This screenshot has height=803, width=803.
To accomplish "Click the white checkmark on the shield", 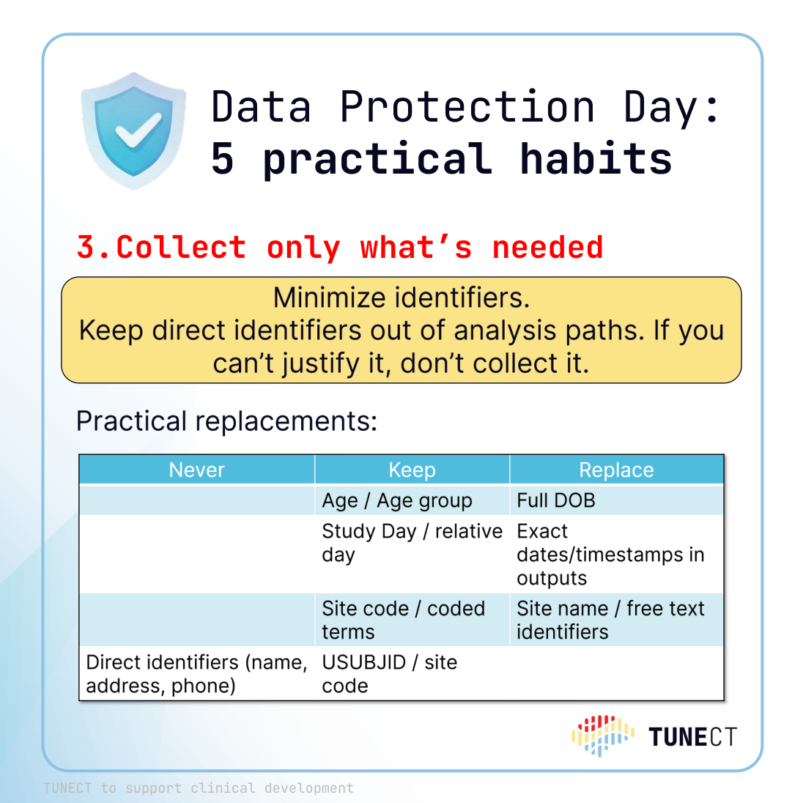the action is click(137, 130).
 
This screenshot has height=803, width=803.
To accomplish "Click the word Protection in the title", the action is click(467, 106).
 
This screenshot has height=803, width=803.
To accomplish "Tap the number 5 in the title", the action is click(223, 159).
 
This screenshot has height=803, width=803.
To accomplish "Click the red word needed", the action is click(547, 248).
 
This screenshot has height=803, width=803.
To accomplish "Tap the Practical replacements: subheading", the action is click(226, 421).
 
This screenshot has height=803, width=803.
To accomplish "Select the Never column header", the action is click(196, 470).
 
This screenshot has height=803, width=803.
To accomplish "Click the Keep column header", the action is click(412, 470).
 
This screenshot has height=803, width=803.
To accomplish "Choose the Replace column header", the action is click(616, 470).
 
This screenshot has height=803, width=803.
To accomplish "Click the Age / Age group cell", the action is click(397, 500).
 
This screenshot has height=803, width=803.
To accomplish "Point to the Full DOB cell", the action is click(555, 500).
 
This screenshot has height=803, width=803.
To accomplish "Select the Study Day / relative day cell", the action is click(412, 543).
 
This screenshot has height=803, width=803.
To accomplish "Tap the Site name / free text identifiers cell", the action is click(610, 620).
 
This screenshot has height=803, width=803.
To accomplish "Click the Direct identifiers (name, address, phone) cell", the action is click(196, 674).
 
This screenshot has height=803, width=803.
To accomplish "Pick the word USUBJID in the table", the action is click(363, 662).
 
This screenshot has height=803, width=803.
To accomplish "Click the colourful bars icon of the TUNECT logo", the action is click(603, 736).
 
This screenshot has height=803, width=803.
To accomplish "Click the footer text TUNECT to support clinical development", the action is click(199, 788).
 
